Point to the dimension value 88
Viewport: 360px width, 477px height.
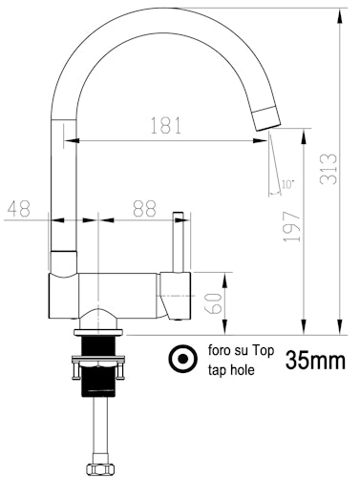point(145,208)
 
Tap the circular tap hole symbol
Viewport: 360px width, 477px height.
point(179,359)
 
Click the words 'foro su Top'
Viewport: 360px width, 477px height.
point(239,351)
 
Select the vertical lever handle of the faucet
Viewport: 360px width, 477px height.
point(178,241)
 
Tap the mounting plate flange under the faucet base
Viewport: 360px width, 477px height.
point(96,334)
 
